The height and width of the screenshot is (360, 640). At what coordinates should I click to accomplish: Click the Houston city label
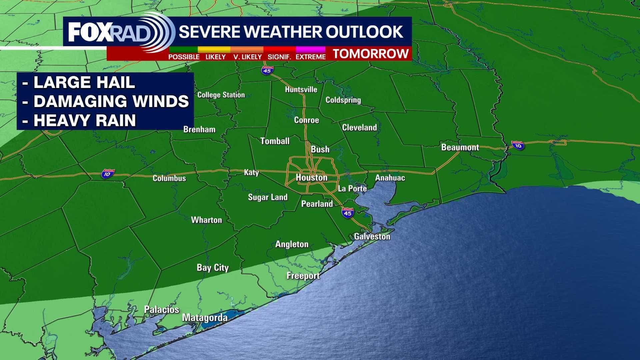coord(311,178)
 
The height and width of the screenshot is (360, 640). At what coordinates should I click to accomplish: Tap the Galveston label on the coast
coord(372,237)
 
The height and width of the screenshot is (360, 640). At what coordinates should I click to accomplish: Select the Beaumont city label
coord(460,147)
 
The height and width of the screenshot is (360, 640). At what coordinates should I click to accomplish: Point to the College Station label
coord(221,95)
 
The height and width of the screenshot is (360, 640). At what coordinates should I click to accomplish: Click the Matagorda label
coord(205,318)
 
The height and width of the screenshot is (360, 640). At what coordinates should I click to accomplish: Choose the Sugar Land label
coord(268,197)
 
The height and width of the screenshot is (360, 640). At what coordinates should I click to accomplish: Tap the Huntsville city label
coord(301,89)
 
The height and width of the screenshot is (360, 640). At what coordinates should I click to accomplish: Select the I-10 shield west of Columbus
coord(108,174)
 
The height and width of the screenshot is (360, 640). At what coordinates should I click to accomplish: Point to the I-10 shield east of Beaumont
coord(518,145)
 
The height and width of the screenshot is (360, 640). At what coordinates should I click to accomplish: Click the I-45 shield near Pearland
coord(347,213)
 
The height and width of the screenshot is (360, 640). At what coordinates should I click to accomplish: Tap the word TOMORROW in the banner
coord(371,54)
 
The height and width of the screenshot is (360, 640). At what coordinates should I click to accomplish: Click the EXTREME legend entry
coord(310,57)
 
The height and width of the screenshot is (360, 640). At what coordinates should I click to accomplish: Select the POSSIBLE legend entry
coord(184,57)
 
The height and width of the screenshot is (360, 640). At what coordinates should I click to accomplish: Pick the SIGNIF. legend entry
coord(279,57)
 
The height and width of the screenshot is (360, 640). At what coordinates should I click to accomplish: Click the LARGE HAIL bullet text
coord(84,83)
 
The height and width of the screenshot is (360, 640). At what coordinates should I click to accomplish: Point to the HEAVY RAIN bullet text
coord(85,120)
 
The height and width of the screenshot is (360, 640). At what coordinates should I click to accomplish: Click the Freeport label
coord(303,276)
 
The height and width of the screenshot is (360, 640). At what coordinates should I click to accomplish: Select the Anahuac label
coord(390,178)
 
